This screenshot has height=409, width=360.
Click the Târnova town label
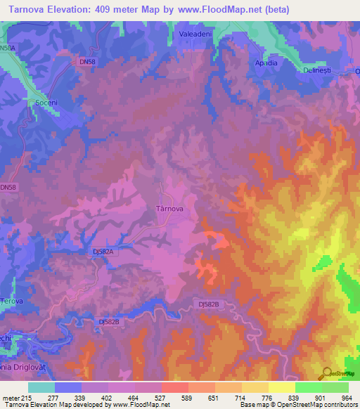coord(169,209)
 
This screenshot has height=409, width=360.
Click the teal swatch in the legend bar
coord(41,387)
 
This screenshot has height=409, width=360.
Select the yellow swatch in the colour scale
coord(281,387)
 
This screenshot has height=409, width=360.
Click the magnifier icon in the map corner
coord(327,372)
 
